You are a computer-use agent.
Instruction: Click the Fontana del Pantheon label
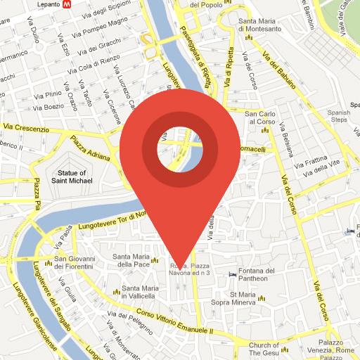[251, 275]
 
